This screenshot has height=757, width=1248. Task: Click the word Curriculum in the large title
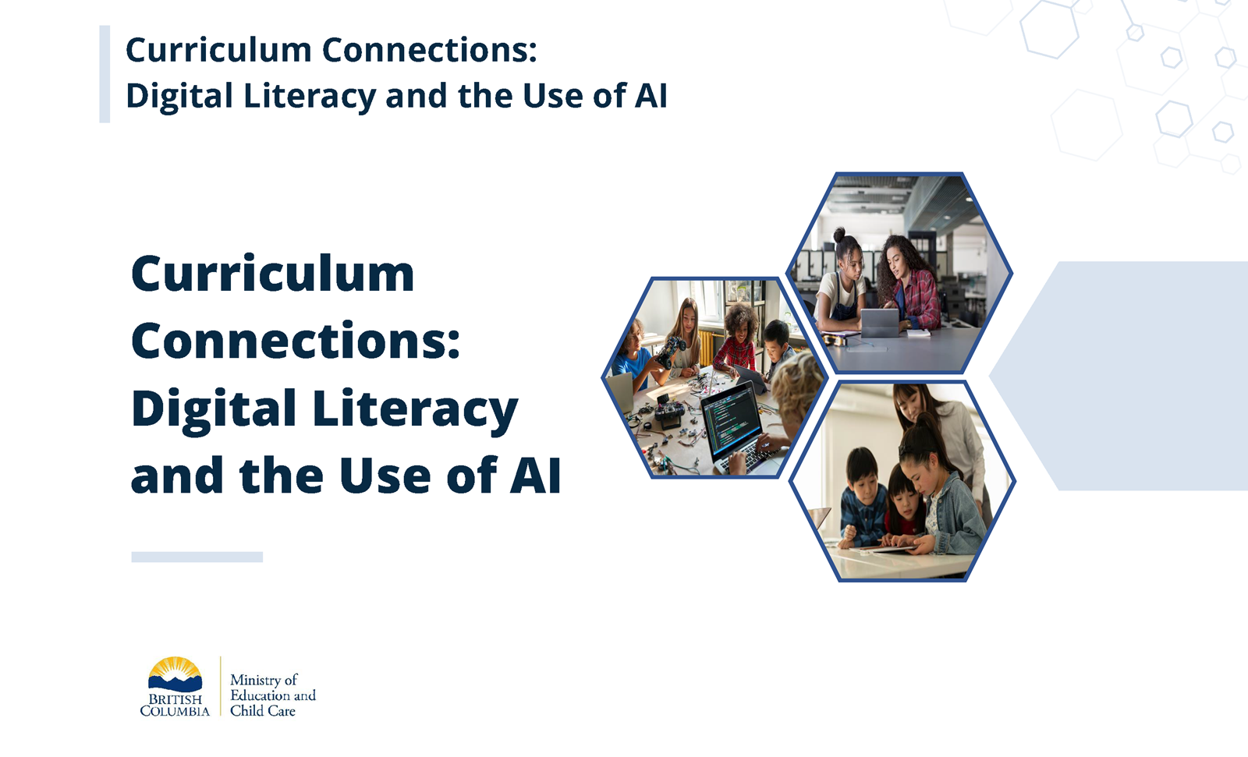tap(272, 274)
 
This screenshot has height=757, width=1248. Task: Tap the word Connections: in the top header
tap(430, 51)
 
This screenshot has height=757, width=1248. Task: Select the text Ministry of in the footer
tap(264, 680)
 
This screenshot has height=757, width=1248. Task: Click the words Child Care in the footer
tap(263, 711)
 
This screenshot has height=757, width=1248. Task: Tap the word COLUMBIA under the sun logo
tap(175, 711)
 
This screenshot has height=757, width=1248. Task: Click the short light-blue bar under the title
tap(197, 557)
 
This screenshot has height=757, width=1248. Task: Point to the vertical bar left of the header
tap(105, 74)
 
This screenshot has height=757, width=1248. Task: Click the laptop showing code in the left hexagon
tap(733, 421)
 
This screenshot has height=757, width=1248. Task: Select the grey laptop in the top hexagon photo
tap(880, 322)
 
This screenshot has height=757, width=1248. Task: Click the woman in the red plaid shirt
tap(913, 285)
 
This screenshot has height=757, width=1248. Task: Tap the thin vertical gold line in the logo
tap(221, 686)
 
